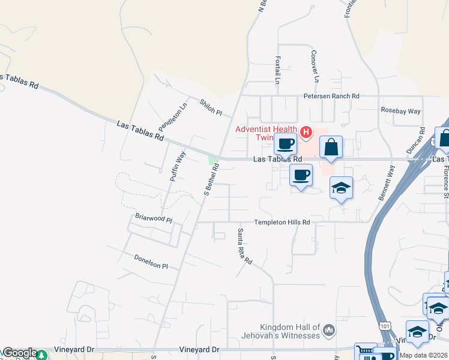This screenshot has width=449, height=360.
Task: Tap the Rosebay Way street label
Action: pos(401,111)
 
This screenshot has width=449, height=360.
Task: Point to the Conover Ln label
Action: pos(314,65)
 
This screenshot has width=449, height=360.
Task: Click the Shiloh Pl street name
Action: pos(211,107)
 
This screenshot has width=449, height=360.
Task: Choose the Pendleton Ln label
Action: pos(173,118)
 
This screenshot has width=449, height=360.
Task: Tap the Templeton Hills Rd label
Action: pos(282,222)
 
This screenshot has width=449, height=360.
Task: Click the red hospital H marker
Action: pos(306,131)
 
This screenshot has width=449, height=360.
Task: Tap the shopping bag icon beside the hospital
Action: pos(331,146)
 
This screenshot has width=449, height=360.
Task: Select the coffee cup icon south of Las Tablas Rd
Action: pos(301,175)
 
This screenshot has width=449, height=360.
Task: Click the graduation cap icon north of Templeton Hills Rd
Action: pos(341,188)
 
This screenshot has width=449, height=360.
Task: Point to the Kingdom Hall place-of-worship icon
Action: pos(328,330)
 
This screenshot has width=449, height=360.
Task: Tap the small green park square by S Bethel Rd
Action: pos(212,160)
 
